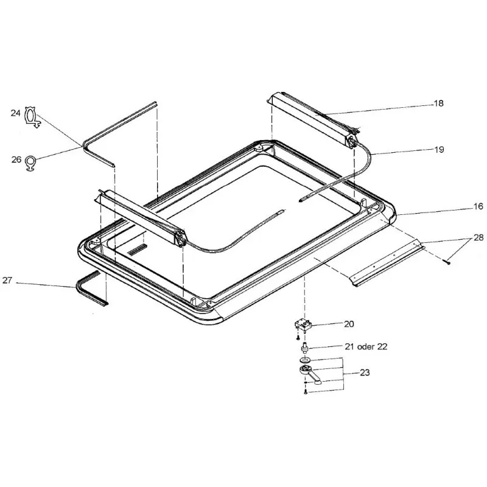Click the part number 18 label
438,103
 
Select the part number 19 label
439,150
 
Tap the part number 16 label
478,206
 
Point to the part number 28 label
478,237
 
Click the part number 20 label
349,324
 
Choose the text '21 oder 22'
366,346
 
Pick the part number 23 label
365,373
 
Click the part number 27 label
7,280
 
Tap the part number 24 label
16,113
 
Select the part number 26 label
16,159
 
